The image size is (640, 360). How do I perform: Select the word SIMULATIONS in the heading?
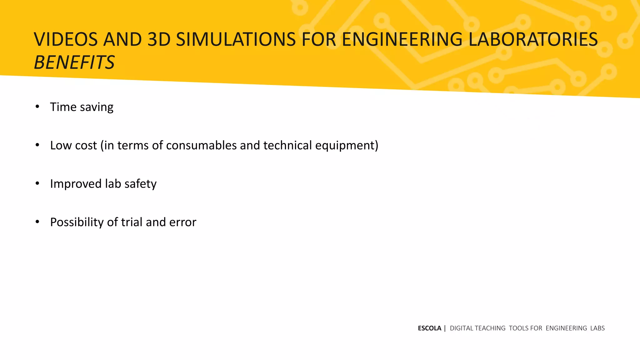click(236, 40)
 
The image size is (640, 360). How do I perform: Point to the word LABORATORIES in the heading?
click(533, 40)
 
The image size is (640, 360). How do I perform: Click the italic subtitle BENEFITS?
click(74, 62)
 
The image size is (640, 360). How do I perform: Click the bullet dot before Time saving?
click(37, 107)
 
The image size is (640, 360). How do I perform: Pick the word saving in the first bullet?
click(97, 107)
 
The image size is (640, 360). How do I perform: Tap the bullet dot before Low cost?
click(37, 145)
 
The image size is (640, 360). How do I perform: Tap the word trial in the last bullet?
click(132, 222)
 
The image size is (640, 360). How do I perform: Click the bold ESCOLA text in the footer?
click(429, 328)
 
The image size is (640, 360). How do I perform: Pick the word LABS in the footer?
click(597, 328)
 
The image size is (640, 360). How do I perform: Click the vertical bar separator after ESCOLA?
click(445, 328)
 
